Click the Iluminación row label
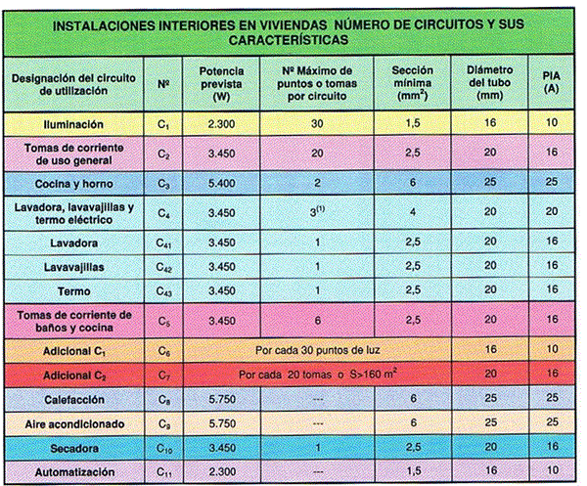point(73,124)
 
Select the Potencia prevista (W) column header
point(220,85)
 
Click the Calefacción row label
point(73,399)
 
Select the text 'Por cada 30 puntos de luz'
point(322,349)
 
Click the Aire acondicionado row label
point(73,423)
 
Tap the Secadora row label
point(73,448)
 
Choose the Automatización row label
point(73,471)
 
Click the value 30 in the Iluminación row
point(315,124)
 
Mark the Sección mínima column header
point(412,85)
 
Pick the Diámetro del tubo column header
point(486,85)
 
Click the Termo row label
point(73,289)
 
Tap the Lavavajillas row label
point(73,265)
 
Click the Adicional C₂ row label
point(73,375)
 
